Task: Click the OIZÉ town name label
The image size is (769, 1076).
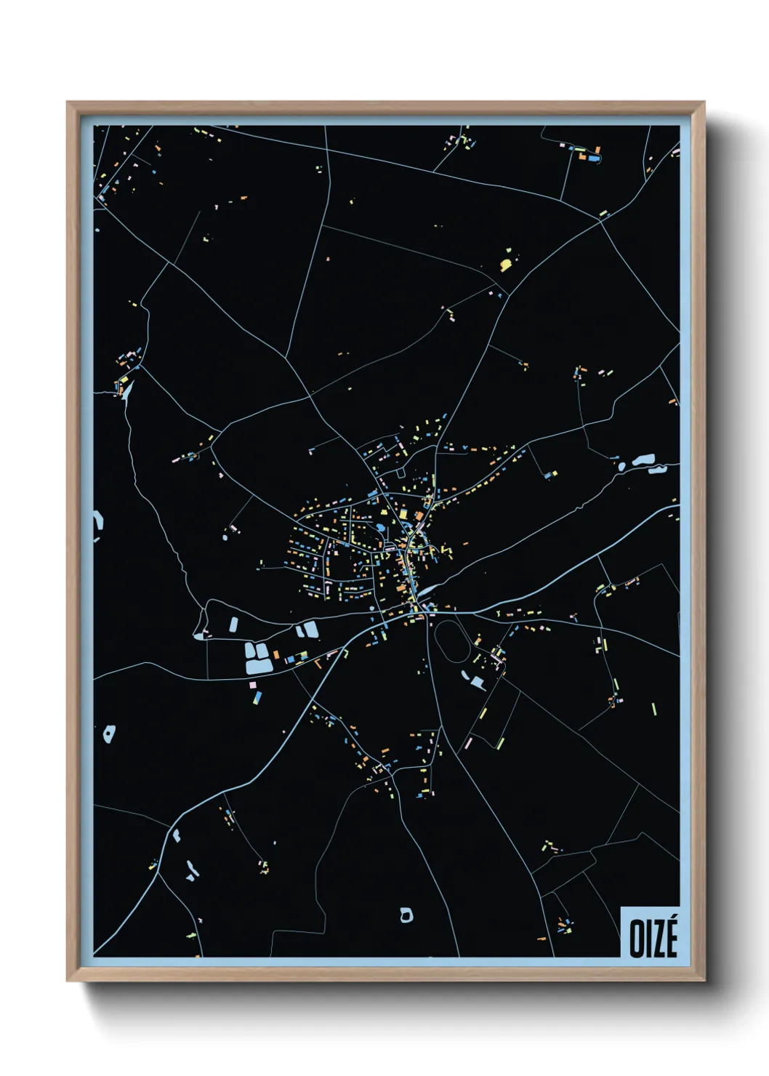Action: coord(653,938)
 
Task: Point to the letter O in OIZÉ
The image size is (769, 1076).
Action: coord(636,939)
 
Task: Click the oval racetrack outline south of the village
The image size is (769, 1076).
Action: coord(454,639)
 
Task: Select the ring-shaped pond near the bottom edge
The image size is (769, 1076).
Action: coord(406,915)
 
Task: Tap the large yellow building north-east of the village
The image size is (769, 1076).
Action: coord(506,262)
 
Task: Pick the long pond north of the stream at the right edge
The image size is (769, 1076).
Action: coord(643,460)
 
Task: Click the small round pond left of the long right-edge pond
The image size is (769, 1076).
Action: coord(622,466)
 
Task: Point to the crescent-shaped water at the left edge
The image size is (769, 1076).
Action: coord(99,525)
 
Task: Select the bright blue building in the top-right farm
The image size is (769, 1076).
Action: coord(594,157)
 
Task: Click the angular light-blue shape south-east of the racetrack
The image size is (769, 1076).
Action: coord(476,682)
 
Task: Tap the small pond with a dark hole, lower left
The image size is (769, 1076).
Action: coord(109,734)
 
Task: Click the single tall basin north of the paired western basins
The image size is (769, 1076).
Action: coord(234,624)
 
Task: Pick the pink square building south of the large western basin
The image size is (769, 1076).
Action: coord(252,685)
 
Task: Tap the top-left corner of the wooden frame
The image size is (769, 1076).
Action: coord(68,103)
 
